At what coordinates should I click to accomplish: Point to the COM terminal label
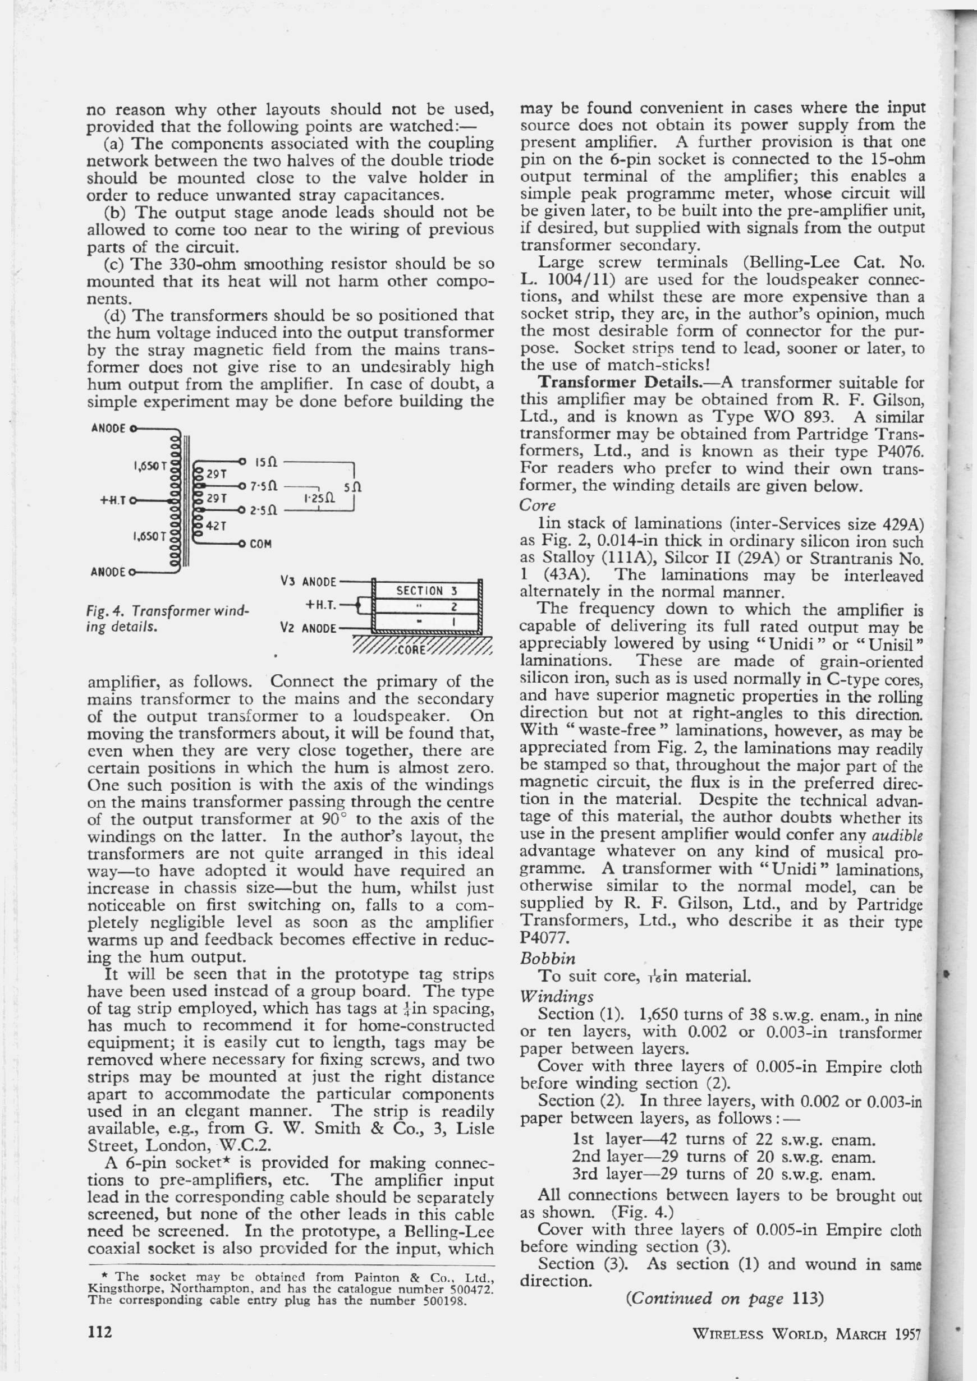click(x=261, y=544)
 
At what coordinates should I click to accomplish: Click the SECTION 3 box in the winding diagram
click(x=427, y=591)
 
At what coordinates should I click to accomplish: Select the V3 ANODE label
click(x=308, y=582)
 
